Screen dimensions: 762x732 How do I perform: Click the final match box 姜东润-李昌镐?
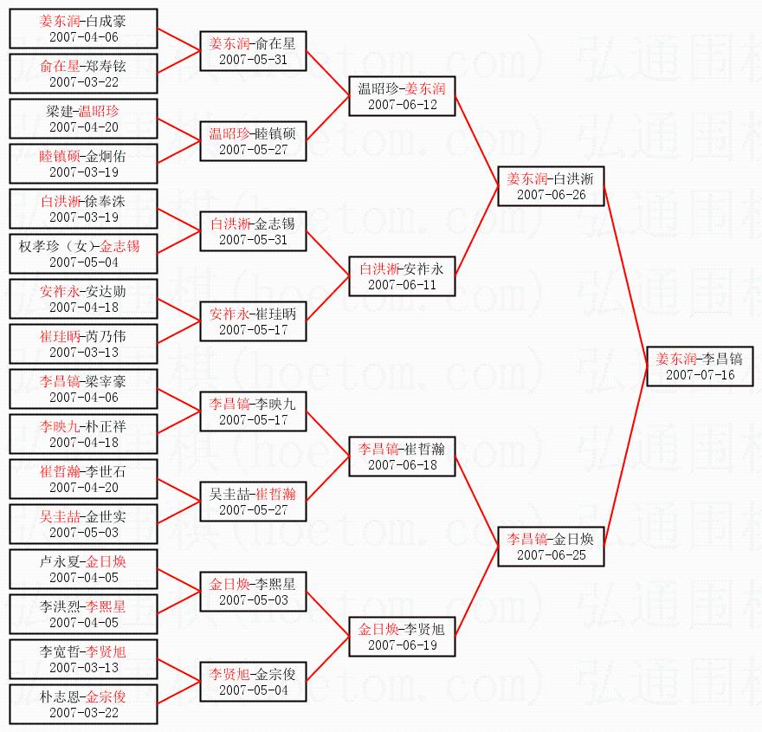[x=700, y=366]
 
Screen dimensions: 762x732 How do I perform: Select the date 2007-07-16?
[x=700, y=375]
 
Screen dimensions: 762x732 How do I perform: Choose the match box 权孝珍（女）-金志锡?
[x=84, y=254]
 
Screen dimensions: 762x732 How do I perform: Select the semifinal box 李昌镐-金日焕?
[x=551, y=547]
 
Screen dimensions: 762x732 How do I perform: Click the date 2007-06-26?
[x=551, y=194]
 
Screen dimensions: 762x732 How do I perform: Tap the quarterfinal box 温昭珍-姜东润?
[x=402, y=96]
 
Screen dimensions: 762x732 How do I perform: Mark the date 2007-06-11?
[x=402, y=284]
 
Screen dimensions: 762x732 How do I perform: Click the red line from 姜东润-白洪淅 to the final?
[x=625, y=276]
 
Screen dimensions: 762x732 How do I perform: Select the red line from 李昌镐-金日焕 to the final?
[x=625, y=457]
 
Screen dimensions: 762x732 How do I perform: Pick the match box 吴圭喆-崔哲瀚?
[x=253, y=502]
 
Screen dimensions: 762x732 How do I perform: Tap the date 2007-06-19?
[x=402, y=645]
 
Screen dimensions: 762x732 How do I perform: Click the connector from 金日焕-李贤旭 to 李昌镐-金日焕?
[x=477, y=592]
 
